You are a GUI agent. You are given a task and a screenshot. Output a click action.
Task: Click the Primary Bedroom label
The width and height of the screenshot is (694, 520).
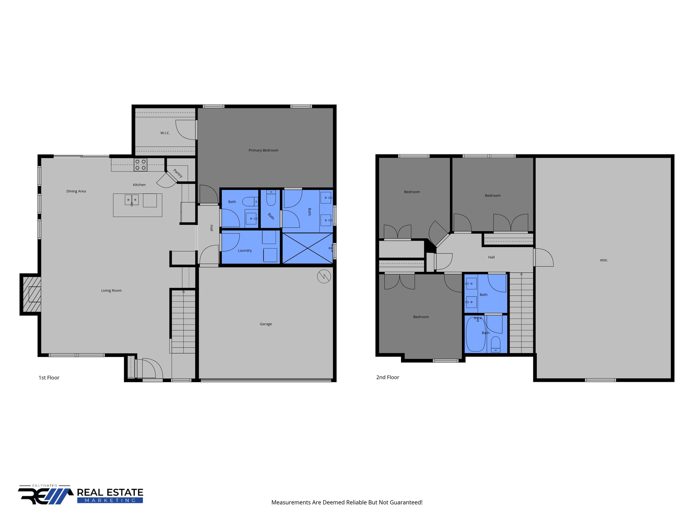(263, 150)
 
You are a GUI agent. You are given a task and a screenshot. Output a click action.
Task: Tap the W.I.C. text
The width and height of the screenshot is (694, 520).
(165, 133)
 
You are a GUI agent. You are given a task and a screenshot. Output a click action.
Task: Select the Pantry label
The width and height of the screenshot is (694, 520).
(178, 173)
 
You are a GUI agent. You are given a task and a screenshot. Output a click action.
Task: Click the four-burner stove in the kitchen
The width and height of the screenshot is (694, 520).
(141, 165)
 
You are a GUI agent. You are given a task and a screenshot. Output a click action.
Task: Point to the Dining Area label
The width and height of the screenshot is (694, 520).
(76, 191)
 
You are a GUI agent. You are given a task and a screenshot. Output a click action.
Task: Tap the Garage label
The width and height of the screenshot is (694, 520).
(266, 324)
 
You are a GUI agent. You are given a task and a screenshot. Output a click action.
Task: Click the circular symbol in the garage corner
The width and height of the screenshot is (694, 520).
(324, 277)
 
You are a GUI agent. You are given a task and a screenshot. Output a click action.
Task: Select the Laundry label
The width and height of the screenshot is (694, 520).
(245, 251)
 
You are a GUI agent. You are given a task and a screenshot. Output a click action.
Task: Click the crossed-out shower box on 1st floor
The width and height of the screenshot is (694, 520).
(307, 248)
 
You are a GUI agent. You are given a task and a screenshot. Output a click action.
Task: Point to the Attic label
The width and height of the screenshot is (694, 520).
(604, 260)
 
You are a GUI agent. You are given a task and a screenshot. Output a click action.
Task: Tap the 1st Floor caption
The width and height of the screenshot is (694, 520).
(49, 378)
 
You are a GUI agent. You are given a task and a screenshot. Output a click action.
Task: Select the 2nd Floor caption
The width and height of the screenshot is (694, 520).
(388, 377)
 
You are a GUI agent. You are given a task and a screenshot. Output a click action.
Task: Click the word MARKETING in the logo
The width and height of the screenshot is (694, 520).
(110, 500)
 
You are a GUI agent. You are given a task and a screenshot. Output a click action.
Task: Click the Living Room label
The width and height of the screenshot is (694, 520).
(111, 290)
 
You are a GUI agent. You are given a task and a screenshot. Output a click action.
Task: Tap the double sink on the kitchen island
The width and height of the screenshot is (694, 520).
(132, 200)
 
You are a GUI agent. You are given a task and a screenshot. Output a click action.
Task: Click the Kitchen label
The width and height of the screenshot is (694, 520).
(139, 185)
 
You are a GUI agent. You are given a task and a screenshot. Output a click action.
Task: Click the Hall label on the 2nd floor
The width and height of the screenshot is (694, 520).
(491, 257)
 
